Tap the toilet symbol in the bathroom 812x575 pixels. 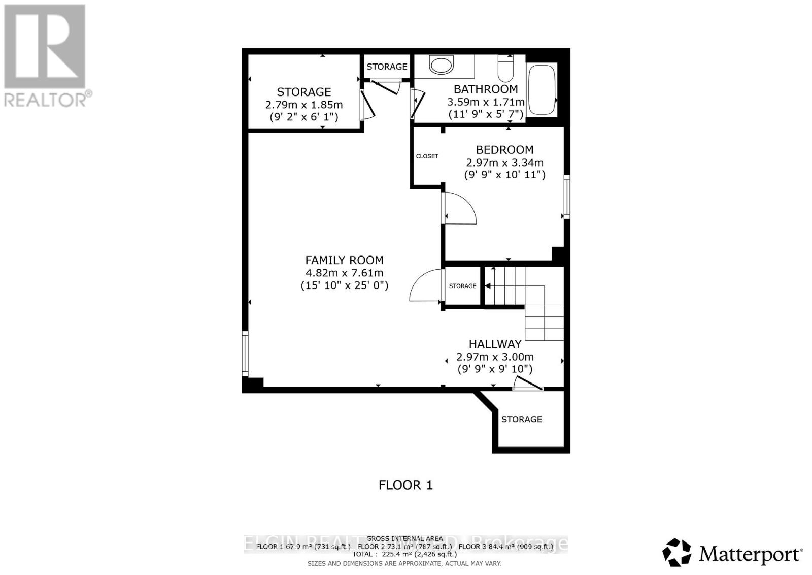505,69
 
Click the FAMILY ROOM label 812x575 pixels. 344,260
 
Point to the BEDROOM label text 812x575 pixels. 504,150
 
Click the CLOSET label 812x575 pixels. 427,156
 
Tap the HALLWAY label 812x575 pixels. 495,344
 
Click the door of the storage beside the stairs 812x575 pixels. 424,286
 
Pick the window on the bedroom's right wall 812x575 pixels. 567,197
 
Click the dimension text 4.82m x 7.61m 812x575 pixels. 344,273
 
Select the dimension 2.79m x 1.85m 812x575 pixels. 304,105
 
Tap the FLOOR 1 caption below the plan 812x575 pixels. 405,485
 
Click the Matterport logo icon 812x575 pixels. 677,552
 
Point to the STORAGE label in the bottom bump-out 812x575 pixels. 521,419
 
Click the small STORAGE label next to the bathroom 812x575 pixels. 387,67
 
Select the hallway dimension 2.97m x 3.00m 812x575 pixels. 495,357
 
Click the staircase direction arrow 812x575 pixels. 488,286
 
